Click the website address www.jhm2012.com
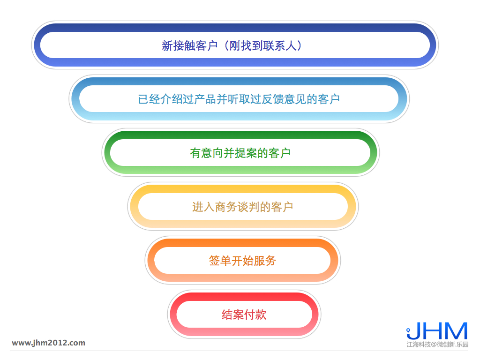point(49,343)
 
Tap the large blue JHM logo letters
point(437,330)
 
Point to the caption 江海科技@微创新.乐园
point(437,345)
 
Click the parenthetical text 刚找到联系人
point(263,45)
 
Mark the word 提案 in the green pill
point(246,153)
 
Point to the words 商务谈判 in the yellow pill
point(237,207)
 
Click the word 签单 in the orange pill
point(220,261)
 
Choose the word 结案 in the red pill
point(233,315)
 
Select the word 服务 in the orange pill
point(265,261)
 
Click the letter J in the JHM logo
point(413,331)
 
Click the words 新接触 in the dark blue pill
point(179,45)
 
